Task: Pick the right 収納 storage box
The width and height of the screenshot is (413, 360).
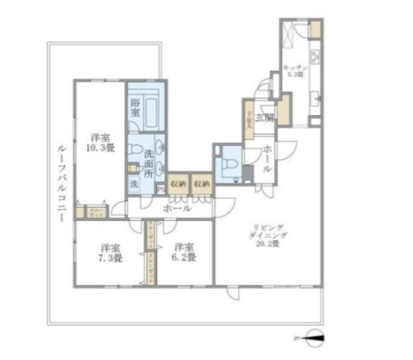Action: coord(202,183)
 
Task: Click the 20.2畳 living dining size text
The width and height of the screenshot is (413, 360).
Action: coord(269,243)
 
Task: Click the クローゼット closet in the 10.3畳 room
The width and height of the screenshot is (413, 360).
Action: coord(95,211)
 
